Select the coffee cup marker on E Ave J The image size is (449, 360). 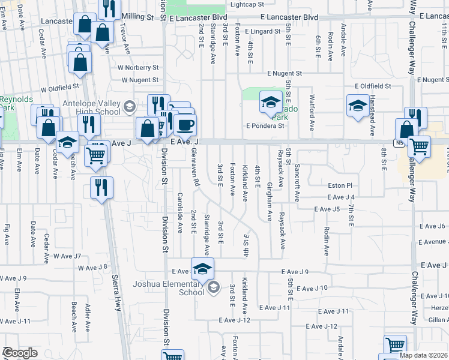click(185, 125)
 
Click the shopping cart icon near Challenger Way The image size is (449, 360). click(418, 146)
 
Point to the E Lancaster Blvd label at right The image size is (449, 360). click(289, 18)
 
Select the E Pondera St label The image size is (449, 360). click(265, 126)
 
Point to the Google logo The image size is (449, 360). click(20, 353)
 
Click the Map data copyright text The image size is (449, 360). click(423, 355)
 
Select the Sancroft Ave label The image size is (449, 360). click(297, 183)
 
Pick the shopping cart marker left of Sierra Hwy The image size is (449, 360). click(96, 155)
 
